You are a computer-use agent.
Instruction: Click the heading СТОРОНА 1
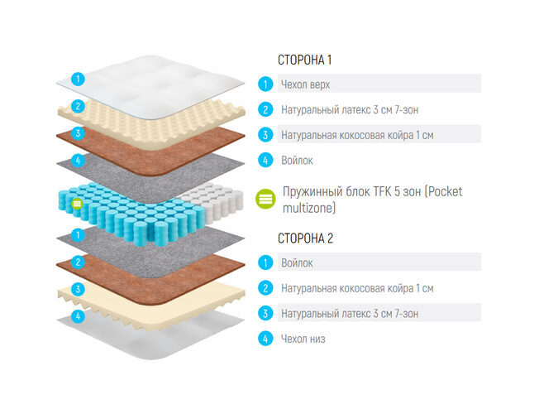[304, 60]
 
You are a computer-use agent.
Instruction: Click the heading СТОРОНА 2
[305, 238]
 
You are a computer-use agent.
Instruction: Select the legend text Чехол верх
[305, 84]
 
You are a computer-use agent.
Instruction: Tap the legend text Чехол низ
[303, 339]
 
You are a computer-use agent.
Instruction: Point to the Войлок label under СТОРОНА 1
[297, 161]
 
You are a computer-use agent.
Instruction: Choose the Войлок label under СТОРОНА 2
[297, 263]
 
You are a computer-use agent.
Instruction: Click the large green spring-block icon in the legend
[265, 199]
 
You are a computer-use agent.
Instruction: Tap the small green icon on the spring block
[77, 204]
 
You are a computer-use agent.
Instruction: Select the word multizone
[308, 208]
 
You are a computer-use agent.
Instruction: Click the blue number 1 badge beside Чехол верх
[265, 84]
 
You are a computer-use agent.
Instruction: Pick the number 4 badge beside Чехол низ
[265, 339]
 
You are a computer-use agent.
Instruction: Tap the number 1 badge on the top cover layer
[78, 79]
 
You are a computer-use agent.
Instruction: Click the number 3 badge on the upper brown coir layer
[78, 133]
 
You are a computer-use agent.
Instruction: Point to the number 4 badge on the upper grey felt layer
[78, 160]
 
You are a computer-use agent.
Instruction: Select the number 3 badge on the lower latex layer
[78, 289]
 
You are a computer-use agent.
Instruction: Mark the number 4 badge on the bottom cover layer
[78, 316]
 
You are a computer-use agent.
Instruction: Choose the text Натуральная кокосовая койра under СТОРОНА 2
[347, 288]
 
